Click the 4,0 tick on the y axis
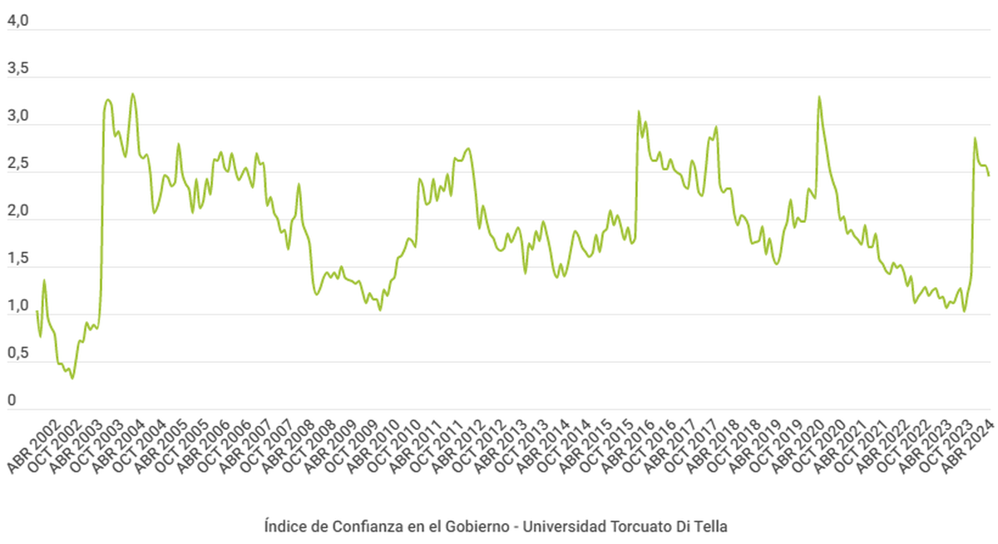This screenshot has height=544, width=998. (x=17, y=22)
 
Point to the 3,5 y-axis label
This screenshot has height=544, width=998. (x=17, y=70)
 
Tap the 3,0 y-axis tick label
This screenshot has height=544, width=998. (x=17, y=117)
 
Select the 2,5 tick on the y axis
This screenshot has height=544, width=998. (x=17, y=165)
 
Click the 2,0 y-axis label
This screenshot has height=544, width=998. (x=17, y=212)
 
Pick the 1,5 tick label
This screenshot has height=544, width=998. (x=17, y=260)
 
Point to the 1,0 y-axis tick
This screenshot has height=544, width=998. (x=17, y=307)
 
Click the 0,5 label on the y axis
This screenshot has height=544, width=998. (x=17, y=354)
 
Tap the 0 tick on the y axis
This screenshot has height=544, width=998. (x=11, y=402)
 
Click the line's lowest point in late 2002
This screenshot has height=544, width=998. (x=72, y=378)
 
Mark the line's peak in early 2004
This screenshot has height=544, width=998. (x=133, y=94)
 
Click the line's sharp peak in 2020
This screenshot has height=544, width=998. (x=819, y=96)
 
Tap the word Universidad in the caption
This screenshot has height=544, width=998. (x=566, y=527)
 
